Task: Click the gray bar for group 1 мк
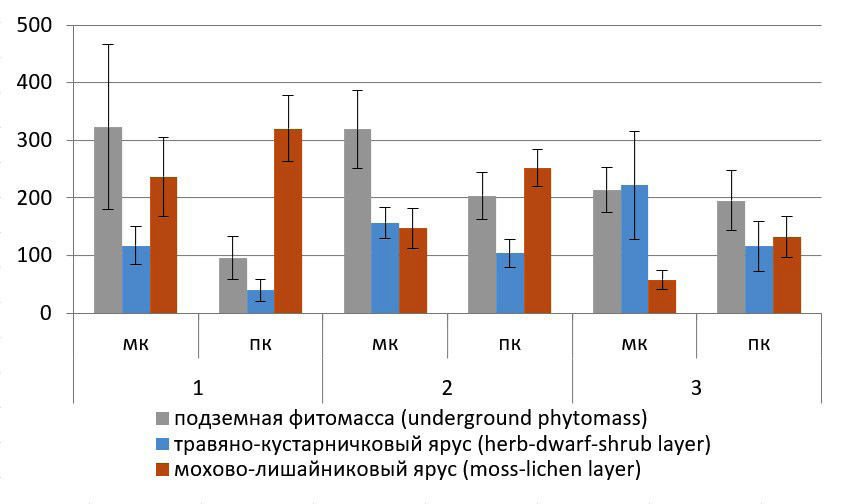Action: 108,220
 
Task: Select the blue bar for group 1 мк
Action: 136,280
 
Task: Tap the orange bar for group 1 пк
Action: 288,221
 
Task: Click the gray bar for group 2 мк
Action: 357,221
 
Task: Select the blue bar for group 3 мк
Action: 634,249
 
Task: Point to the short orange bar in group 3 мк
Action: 661,297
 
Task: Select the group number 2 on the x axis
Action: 447,387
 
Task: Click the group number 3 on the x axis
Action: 696,387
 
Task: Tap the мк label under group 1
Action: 136,345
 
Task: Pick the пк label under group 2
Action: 509,345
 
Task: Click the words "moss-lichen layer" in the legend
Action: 569,468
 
